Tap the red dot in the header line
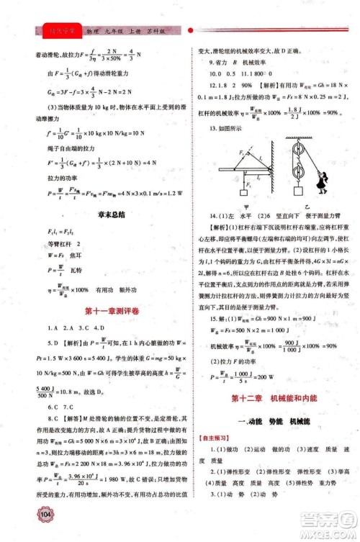click(190, 32)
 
